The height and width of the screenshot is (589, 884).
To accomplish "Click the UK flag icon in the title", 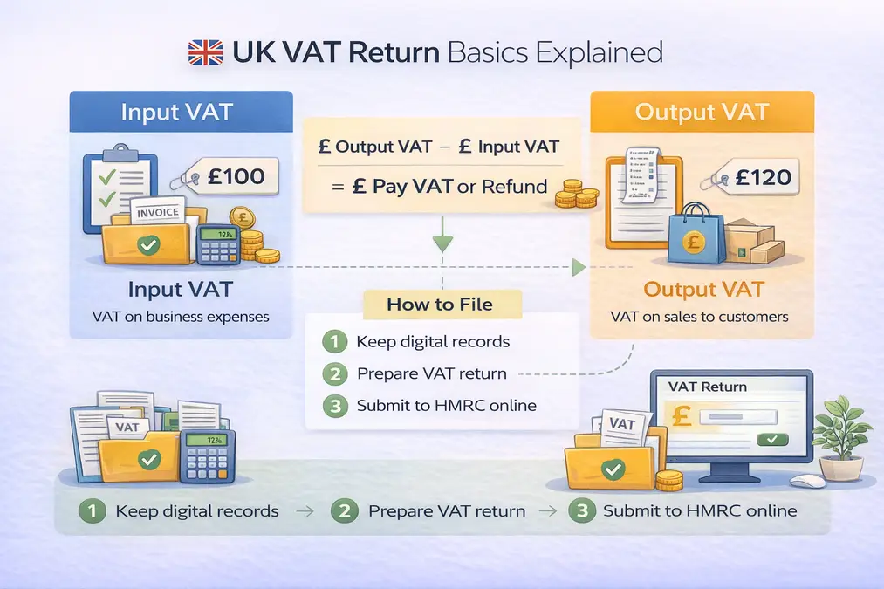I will point(205,52).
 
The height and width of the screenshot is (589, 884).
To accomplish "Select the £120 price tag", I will point(755,177).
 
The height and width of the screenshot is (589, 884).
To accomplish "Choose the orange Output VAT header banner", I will point(702,112).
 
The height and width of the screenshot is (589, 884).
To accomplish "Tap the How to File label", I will point(441,305).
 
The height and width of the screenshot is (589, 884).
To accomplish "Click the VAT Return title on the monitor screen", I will point(707,387).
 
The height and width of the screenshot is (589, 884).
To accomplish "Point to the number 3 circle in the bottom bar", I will point(580,510).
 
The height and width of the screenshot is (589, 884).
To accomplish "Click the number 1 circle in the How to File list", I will point(334,341).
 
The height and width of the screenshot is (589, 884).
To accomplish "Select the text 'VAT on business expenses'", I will point(181,317).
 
